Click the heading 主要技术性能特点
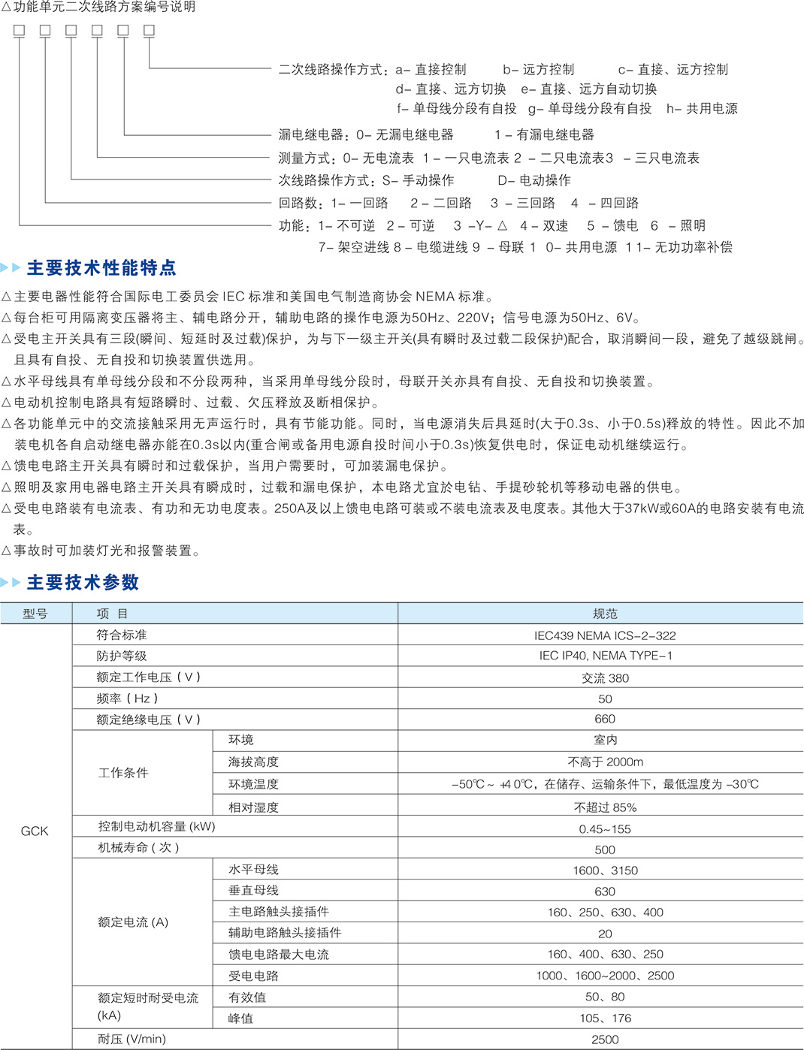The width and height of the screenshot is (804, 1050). pos(101,268)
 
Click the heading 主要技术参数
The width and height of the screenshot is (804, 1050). pos(83,582)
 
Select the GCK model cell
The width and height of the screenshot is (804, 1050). pos(35,831)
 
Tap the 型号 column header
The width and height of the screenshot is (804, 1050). pos(35,614)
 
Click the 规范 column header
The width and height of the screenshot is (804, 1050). pos(605,614)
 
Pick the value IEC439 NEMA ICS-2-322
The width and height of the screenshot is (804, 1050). pos(605,635)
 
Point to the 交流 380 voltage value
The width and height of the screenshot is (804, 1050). pos(605,677)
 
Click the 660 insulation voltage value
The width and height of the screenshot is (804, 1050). pos(605,720)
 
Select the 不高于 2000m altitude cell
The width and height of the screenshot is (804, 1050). pos(605,762)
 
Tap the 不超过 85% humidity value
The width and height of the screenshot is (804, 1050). pos(605,807)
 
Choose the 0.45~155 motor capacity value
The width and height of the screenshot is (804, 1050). pos(605,829)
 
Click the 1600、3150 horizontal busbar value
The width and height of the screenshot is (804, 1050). pos(605,870)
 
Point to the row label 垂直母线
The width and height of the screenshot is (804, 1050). pos(254,891)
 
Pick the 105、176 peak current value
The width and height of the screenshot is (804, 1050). pos(605,1018)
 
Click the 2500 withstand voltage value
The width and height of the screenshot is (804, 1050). pos(605,1039)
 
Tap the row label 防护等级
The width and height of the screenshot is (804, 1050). pos(122,656)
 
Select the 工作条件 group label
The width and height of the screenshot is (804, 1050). pos(123,773)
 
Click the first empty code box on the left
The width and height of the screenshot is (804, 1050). pos(20,31)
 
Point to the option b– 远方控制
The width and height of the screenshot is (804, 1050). pos(538,70)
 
